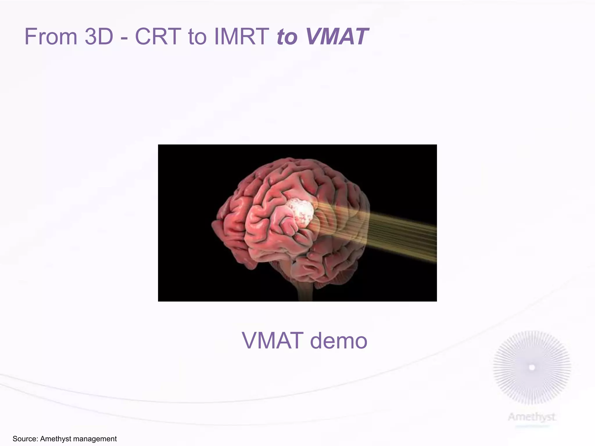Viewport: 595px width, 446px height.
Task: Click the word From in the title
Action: [51, 37]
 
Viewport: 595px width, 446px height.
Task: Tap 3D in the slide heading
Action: [99, 37]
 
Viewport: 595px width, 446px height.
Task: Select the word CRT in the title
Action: [158, 37]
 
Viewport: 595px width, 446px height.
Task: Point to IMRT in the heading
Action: [241, 37]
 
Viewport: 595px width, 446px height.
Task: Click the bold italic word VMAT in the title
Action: [337, 37]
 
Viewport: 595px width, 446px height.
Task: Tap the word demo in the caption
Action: [338, 341]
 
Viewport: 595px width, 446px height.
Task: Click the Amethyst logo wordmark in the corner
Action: [532, 417]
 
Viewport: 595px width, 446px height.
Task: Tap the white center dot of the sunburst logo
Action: [532, 368]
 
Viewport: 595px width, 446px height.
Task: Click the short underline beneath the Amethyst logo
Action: [533, 426]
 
